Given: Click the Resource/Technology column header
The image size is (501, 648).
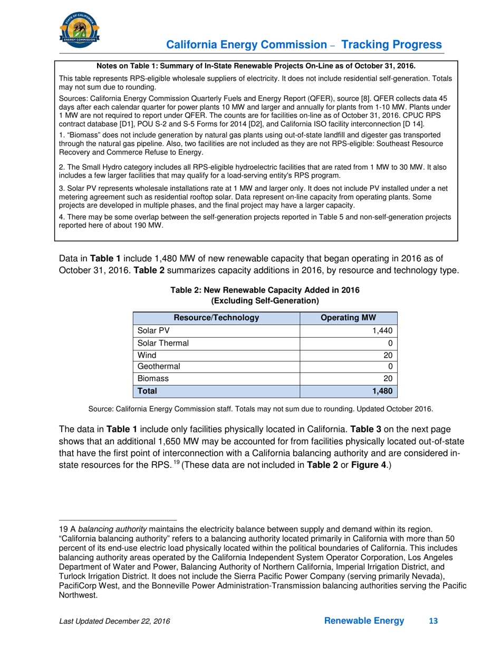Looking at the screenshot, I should [216, 318].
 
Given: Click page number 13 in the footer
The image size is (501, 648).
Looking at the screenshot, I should [434, 621].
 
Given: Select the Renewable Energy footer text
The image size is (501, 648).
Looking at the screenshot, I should [364, 621].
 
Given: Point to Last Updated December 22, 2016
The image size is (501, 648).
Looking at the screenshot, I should [114, 622].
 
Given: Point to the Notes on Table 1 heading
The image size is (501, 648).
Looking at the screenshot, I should [256, 66].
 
